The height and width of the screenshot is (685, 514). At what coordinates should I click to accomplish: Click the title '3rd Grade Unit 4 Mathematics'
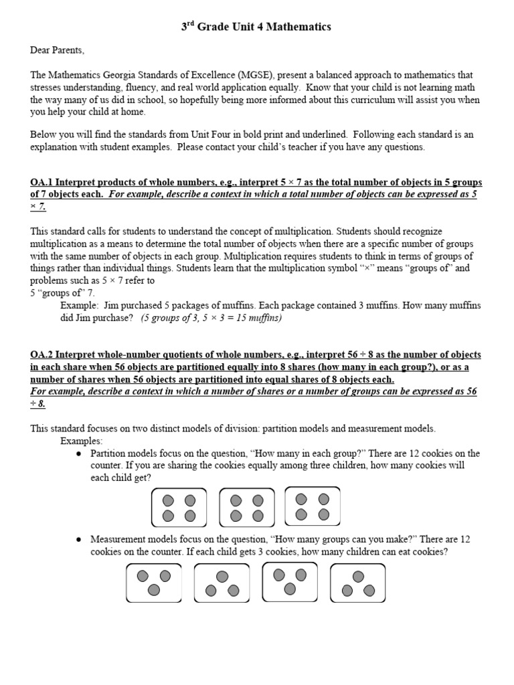pos(256,27)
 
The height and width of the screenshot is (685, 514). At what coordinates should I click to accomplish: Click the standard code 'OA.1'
pos(41,183)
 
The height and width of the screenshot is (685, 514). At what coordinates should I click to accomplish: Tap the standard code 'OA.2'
pos(41,355)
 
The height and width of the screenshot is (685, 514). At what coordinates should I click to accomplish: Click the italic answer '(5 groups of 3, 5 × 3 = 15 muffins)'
pos(211,318)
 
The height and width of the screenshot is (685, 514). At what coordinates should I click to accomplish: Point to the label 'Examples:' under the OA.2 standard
pos(82,442)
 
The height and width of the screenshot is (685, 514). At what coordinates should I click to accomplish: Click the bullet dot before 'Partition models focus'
pos(79,454)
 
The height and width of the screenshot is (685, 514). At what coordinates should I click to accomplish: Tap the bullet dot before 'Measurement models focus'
pos(79,539)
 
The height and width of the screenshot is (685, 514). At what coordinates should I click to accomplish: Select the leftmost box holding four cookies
pos(179,508)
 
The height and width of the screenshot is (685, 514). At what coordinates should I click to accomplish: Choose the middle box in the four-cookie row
pos(246,508)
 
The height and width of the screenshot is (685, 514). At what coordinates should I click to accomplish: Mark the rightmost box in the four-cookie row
pos(312,506)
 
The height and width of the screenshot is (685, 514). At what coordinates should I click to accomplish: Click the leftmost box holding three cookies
pos(154,582)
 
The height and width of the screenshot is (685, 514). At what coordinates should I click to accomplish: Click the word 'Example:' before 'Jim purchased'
pos(80,306)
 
